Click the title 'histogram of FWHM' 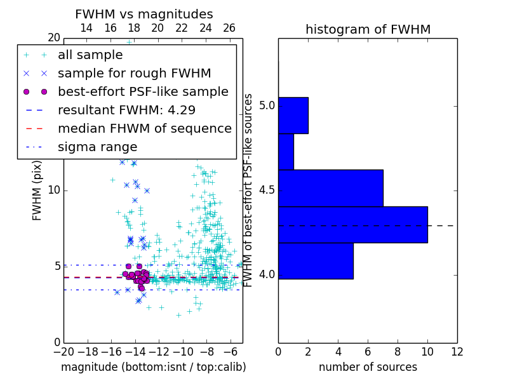[x=368, y=30]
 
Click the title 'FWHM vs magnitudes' [x=144, y=15]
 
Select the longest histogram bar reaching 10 [x=352, y=224]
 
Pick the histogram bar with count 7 [x=330, y=188]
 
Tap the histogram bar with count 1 [x=286, y=152]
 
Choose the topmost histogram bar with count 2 [x=293, y=116]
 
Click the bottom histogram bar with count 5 [x=316, y=260]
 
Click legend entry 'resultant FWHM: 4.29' [x=126, y=110]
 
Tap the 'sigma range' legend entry [x=97, y=147]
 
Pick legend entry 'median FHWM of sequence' [x=144, y=128]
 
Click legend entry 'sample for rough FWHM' [x=134, y=73]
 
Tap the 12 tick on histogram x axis [x=457, y=351]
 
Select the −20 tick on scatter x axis [x=63, y=351]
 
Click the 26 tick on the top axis [x=229, y=28]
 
